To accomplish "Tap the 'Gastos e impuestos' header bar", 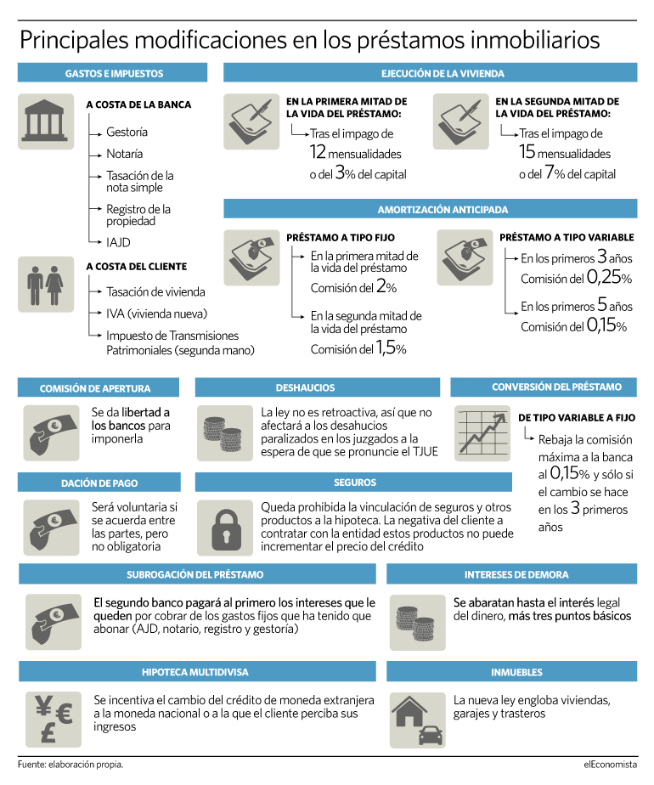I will tap(113, 74).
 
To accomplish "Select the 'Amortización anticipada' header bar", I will tap(430, 209).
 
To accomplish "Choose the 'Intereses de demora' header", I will tap(512, 574).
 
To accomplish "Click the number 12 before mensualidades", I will tap(317, 153).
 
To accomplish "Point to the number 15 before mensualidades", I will tap(527, 153).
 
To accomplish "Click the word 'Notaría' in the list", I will tap(124, 154).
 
